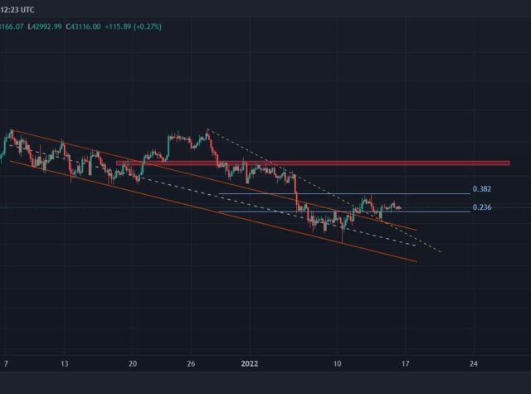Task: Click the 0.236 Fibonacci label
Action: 481,207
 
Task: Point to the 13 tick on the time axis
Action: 64,363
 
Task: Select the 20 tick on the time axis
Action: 133,363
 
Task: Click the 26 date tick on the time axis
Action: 191,363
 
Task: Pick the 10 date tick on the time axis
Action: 337,363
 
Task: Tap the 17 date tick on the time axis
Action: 405,363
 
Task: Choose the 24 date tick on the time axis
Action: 473,363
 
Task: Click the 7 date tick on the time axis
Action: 7,363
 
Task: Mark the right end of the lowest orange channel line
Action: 416,261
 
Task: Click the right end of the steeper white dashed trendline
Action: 441,251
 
